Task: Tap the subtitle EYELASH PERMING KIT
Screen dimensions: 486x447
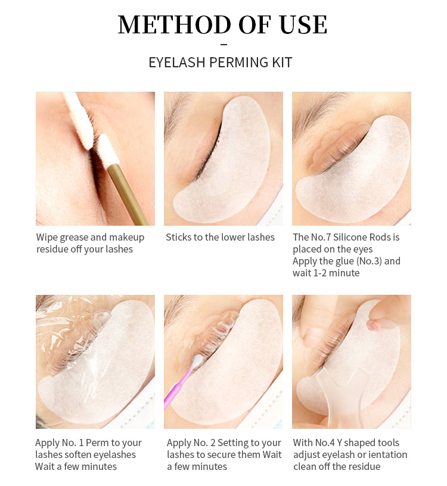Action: coord(220,63)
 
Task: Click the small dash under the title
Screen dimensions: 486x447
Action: coord(223,45)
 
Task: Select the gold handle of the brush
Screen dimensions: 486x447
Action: coord(128,191)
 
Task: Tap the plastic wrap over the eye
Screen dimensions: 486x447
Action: coord(72,334)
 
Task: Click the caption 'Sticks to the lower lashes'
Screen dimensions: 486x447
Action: coord(220,237)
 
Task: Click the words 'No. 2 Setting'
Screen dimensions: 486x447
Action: coord(223,443)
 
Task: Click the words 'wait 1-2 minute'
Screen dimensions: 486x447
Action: coord(326,273)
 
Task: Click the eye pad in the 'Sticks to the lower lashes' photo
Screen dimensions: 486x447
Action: coord(232,167)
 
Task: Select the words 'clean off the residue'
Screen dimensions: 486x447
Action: coord(337,466)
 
